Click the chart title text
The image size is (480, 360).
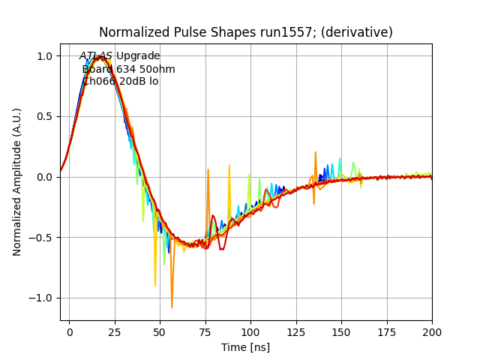246,32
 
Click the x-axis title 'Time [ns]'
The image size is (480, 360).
245,347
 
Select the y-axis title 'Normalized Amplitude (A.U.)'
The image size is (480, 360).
17,182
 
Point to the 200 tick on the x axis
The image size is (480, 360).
432,330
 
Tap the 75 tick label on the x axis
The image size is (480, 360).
205,330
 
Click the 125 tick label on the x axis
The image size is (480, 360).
296,330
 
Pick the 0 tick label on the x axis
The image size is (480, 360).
70,330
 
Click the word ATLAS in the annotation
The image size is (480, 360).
96,56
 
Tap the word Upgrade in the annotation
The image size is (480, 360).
138,56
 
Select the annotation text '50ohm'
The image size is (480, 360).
157,69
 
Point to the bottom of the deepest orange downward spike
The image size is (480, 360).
172,307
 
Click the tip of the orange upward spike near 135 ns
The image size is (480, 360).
316,152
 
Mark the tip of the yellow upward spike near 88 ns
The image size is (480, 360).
229,165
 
